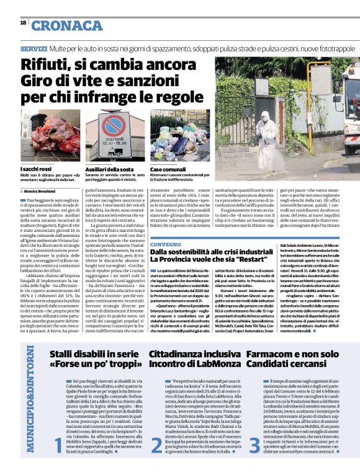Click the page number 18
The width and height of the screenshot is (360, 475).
23,23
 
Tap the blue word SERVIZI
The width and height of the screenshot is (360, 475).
34,48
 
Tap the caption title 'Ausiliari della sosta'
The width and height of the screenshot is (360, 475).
109,169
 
